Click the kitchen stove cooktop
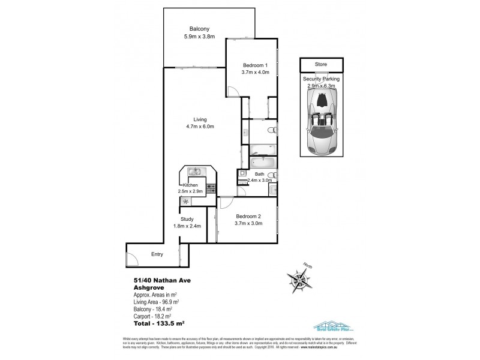point(211,188)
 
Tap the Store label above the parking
point(322,64)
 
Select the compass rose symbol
point(298,280)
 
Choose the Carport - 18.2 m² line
point(154,314)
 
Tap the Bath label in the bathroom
point(259,174)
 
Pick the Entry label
point(157,254)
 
